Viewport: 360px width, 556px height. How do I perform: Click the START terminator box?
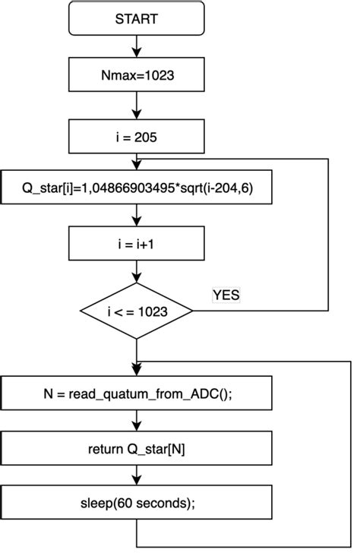137,18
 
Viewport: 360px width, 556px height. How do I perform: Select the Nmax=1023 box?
137,75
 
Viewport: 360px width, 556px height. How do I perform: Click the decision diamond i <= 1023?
137,310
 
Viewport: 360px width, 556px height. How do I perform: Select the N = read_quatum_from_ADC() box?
137,393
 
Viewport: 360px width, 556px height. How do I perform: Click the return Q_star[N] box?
137,448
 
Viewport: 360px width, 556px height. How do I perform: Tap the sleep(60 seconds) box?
137,503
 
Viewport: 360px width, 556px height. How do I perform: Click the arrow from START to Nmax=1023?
137,46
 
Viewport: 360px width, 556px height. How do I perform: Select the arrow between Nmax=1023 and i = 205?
137,106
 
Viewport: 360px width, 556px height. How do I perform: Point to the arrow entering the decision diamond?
137,273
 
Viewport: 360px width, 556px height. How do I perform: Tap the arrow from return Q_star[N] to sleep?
137,475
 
